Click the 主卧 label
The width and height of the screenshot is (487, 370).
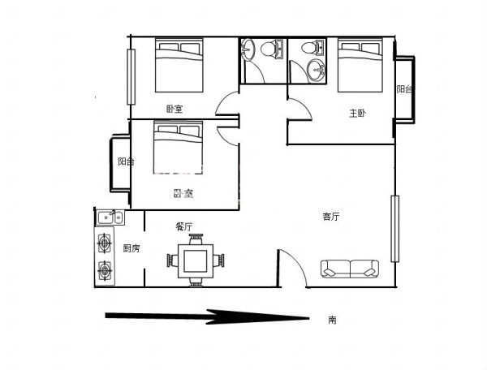[357, 114]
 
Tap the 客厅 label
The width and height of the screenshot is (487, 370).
[331, 217]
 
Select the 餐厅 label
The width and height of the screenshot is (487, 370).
[184, 226]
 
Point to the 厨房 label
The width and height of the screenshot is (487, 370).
[131, 248]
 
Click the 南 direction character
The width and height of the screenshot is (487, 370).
[332, 320]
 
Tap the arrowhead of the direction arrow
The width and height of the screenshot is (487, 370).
[258, 317]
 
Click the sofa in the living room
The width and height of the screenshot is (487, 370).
[350, 269]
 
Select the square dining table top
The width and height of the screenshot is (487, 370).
[196, 261]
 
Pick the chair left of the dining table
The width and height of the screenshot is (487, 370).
[172, 260]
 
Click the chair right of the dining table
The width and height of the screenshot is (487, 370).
[219, 260]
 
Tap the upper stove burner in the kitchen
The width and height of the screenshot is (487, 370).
[105, 243]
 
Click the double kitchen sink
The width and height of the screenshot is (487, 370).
[110, 217]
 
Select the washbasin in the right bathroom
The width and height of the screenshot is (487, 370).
[316, 71]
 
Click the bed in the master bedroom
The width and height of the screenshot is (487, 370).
[360, 65]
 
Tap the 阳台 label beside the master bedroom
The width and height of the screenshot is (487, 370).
[404, 89]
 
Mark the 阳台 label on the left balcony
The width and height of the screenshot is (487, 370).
[126, 161]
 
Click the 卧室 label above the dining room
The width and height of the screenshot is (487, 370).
[183, 193]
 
